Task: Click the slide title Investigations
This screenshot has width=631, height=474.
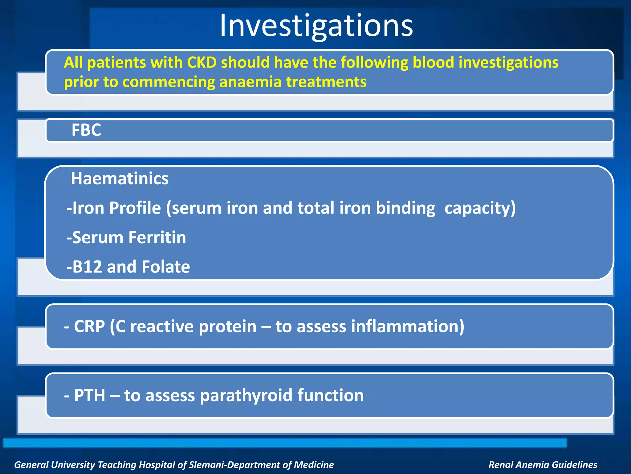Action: pyautogui.click(x=316, y=26)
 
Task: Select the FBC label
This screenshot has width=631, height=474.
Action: pyautogui.click(x=86, y=130)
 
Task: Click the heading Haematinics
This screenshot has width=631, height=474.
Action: pyautogui.click(x=120, y=178)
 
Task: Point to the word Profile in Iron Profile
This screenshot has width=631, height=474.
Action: pyautogui.click(x=135, y=208)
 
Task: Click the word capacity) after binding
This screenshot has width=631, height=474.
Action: pyautogui.click(x=480, y=208)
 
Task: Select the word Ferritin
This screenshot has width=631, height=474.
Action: pyautogui.click(x=157, y=237)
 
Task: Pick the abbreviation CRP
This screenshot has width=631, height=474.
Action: pyautogui.click(x=89, y=326)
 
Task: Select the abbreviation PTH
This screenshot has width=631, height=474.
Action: pyautogui.click(x=89, y=395)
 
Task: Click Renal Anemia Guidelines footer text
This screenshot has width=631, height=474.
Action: pyautogui.click(x=543, y=465)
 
